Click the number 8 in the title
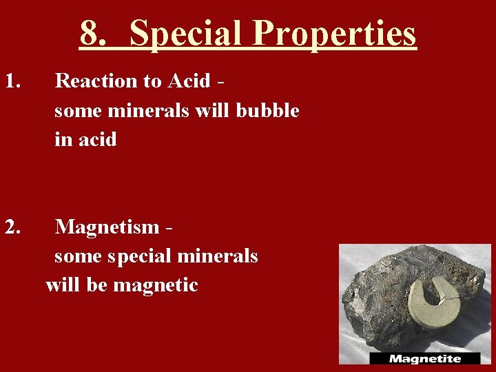90,32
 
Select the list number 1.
13,81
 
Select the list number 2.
13,226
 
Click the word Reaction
96,81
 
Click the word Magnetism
107,226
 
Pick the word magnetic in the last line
156,285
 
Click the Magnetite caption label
424,358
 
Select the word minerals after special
218,256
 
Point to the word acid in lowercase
96,140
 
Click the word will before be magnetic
63,285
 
